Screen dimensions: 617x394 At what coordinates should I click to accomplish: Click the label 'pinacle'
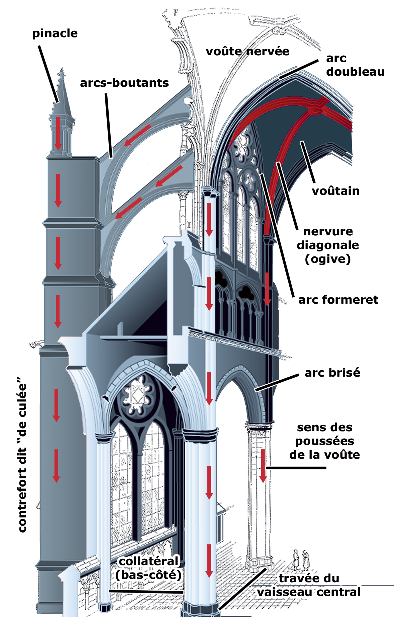[55, 33]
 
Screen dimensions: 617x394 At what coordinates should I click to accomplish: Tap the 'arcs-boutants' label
[124, 83]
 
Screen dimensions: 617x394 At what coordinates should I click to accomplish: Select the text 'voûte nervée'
[248, 51]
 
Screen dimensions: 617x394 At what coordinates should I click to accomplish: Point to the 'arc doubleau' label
[355, 65]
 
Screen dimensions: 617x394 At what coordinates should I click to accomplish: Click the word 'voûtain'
[335, 191]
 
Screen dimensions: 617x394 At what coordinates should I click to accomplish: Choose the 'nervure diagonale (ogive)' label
[328, 245]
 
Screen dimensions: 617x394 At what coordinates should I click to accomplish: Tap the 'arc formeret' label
[338, 300]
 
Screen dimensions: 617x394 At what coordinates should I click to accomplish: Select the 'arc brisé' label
[332, 373]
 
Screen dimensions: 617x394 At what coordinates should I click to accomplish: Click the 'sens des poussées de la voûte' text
[324, 441]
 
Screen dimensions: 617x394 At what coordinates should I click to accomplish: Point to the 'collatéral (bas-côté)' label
[149, 568]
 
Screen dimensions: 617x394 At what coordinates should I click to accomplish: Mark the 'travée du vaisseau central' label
[309, 585]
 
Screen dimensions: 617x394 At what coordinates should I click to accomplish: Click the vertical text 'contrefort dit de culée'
[22, 455]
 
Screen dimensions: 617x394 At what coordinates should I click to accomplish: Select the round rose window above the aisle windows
[137, 395]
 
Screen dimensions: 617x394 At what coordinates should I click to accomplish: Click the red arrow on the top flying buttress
[137, 135]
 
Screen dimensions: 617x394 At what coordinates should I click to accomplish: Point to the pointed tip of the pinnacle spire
[62, 70]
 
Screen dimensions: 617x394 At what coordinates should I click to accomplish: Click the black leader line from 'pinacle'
[48, 74]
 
